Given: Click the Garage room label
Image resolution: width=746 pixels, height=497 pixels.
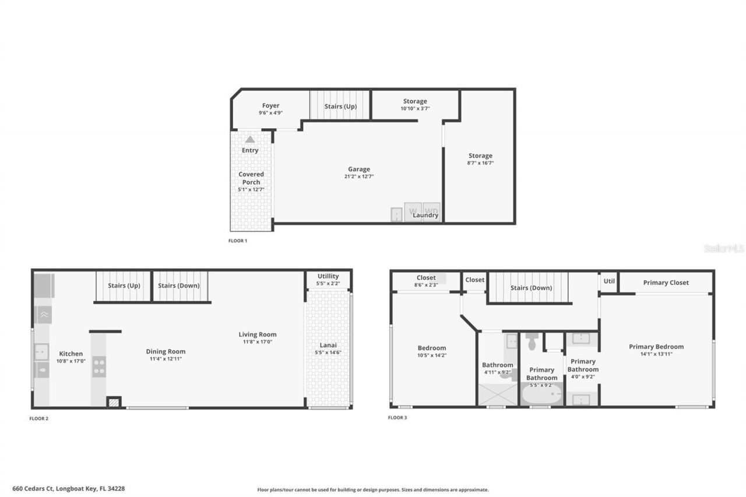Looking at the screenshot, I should [359, 170].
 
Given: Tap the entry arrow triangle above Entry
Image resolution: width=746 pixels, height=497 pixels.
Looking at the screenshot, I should [250, 139].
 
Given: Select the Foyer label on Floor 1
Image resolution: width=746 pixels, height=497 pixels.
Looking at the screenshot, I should [270, 106].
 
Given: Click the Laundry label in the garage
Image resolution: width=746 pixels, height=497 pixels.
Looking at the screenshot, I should [425, 215].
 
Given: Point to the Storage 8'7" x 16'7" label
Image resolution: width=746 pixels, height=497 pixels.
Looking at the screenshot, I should [480, 156].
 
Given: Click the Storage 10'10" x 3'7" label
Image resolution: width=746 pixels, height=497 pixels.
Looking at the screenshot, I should [415, 101].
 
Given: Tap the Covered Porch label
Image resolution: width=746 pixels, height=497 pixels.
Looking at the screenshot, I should [251, 178].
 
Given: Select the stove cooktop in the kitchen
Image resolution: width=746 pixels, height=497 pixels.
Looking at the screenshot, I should [99, 366].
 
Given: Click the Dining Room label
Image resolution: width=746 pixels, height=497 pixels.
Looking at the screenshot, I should [166, 351].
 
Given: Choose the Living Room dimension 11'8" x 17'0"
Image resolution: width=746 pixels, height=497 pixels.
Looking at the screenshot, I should [257, 342].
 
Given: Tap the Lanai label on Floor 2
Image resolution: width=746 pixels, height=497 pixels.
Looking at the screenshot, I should [328, 345].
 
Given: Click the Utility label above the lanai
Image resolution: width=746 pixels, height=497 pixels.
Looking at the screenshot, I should [328, 276].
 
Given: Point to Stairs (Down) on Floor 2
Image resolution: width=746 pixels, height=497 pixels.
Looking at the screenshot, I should [179, 285].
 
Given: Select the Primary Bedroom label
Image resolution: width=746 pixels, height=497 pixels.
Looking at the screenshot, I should [656, 347].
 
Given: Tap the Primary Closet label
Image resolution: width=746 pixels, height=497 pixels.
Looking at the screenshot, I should [666, 283].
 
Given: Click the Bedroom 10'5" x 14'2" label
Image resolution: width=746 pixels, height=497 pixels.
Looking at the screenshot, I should [431, 348].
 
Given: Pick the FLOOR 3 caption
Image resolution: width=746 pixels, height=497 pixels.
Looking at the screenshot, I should [397, 418].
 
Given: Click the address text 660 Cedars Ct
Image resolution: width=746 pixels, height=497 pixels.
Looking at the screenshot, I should [69, 489].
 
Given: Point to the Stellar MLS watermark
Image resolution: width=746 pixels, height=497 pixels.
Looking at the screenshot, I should [724, 248].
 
